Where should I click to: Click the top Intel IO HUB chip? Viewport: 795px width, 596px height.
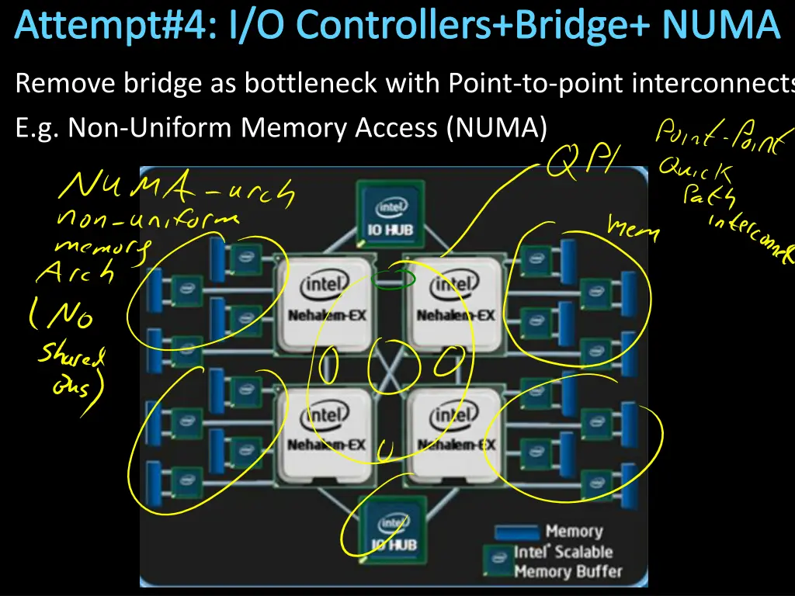(391, 213)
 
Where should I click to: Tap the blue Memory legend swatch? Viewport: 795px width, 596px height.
(516, 532)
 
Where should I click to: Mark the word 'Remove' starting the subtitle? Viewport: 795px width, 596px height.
(65, 82)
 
